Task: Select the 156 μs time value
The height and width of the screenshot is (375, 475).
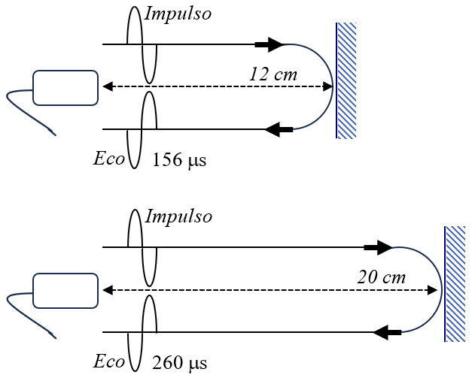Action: [179, 159]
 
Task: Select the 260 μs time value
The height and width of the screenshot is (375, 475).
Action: [179, 364]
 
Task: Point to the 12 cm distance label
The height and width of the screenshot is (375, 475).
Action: [273, 74]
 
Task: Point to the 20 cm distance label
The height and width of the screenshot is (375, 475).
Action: [381, 277]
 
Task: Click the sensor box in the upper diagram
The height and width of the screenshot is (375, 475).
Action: [65, 87]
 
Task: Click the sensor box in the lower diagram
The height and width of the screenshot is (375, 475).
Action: [65, 290]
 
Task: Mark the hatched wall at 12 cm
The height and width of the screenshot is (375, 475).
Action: [346, 80]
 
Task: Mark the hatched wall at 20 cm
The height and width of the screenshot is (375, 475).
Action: [455, 283]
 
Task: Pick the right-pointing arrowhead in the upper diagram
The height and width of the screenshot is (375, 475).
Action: [270, 45]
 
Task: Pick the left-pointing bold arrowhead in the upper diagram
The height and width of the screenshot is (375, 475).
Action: [279, 129]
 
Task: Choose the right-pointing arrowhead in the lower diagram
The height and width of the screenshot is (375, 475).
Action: [379, 247]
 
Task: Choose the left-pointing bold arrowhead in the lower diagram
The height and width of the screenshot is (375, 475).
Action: [387, 331]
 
